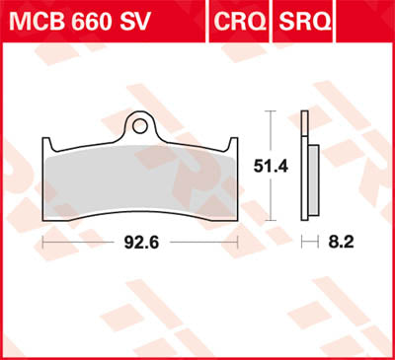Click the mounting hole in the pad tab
coord(141,126)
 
